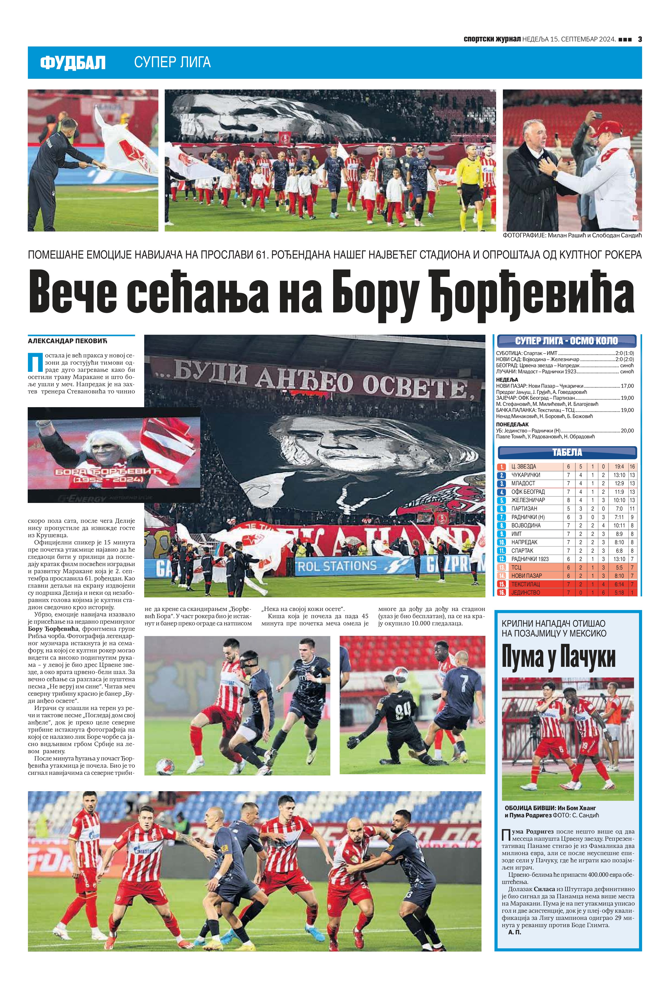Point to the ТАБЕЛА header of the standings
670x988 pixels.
tap(567, 452)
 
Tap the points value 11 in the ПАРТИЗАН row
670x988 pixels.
tap(632, 508)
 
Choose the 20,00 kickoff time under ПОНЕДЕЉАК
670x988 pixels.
tap(627, 431)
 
